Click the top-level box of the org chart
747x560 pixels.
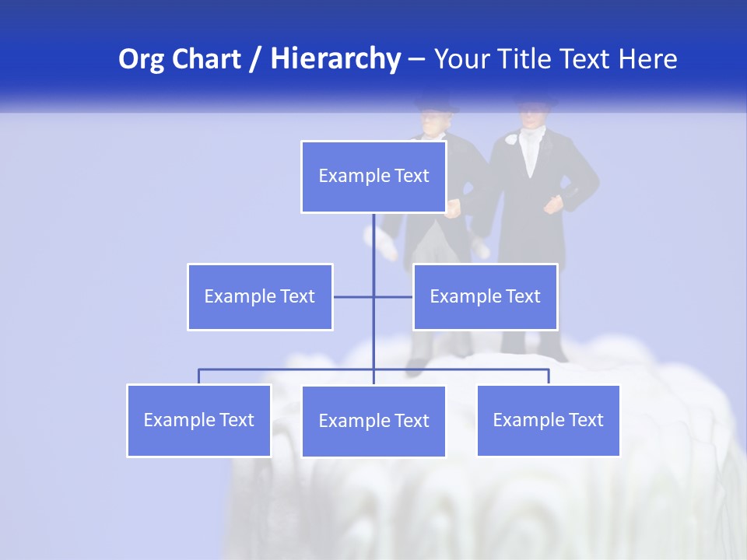373,177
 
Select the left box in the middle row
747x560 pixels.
260,296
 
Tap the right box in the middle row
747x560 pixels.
485,296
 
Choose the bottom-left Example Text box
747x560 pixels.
199,420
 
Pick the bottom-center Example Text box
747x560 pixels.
373,421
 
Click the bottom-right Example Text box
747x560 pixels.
548,420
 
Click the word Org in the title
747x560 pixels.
141,59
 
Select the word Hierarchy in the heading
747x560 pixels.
335,59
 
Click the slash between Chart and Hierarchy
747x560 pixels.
255,60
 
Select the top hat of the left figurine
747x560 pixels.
436,104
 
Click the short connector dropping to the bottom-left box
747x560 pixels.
199,376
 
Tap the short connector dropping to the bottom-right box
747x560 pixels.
549,376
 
